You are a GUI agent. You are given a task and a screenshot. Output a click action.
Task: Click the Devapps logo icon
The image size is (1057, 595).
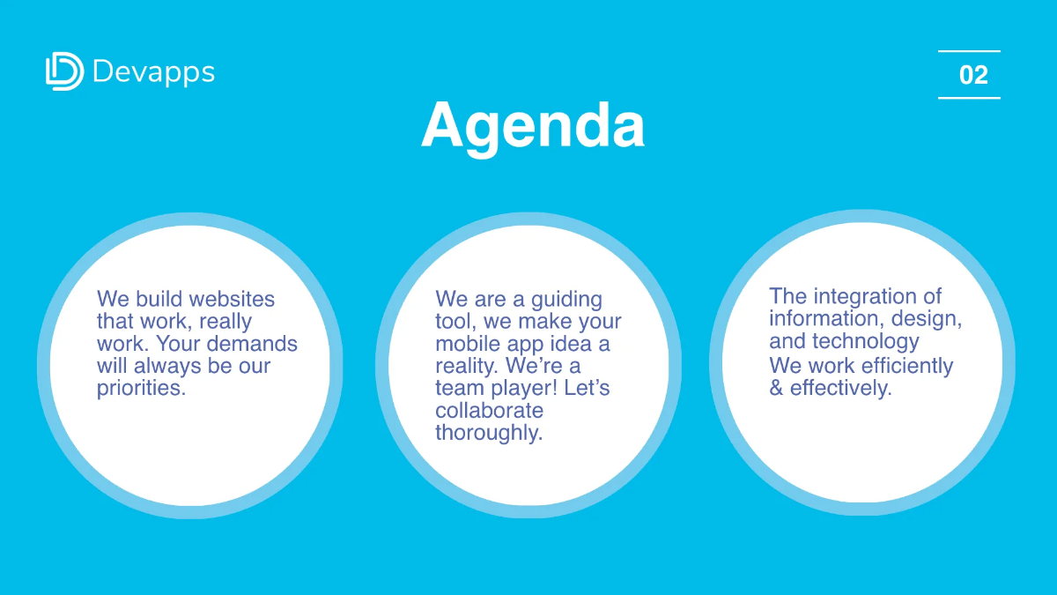64,71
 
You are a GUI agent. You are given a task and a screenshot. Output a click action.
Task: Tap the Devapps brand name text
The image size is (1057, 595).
153,71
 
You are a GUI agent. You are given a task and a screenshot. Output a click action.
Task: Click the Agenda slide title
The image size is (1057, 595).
532,124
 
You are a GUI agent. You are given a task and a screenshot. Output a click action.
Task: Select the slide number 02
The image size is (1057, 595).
973,75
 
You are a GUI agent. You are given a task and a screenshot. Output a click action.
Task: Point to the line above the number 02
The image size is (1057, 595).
969,51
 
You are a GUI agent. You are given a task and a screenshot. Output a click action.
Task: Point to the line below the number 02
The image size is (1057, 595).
969,98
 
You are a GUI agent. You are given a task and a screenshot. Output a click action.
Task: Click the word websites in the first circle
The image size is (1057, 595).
233,300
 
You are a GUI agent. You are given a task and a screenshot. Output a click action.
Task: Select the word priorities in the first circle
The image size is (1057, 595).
141,388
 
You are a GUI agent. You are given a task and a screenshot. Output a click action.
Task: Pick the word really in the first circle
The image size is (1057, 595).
225,322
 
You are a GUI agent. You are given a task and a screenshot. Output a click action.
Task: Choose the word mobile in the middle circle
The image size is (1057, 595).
468,344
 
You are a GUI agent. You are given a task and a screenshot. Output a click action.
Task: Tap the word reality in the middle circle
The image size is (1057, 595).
465,366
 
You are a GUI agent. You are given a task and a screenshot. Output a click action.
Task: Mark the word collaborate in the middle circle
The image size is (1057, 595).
489,411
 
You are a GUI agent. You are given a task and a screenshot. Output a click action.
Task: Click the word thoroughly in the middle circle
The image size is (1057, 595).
489,433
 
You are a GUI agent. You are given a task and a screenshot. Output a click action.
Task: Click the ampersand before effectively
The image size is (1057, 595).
776,388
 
